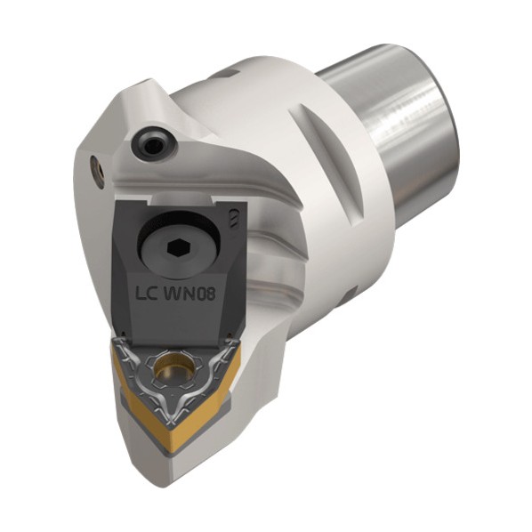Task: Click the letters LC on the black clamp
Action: point(146,294)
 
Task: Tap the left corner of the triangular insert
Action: point(116,348)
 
